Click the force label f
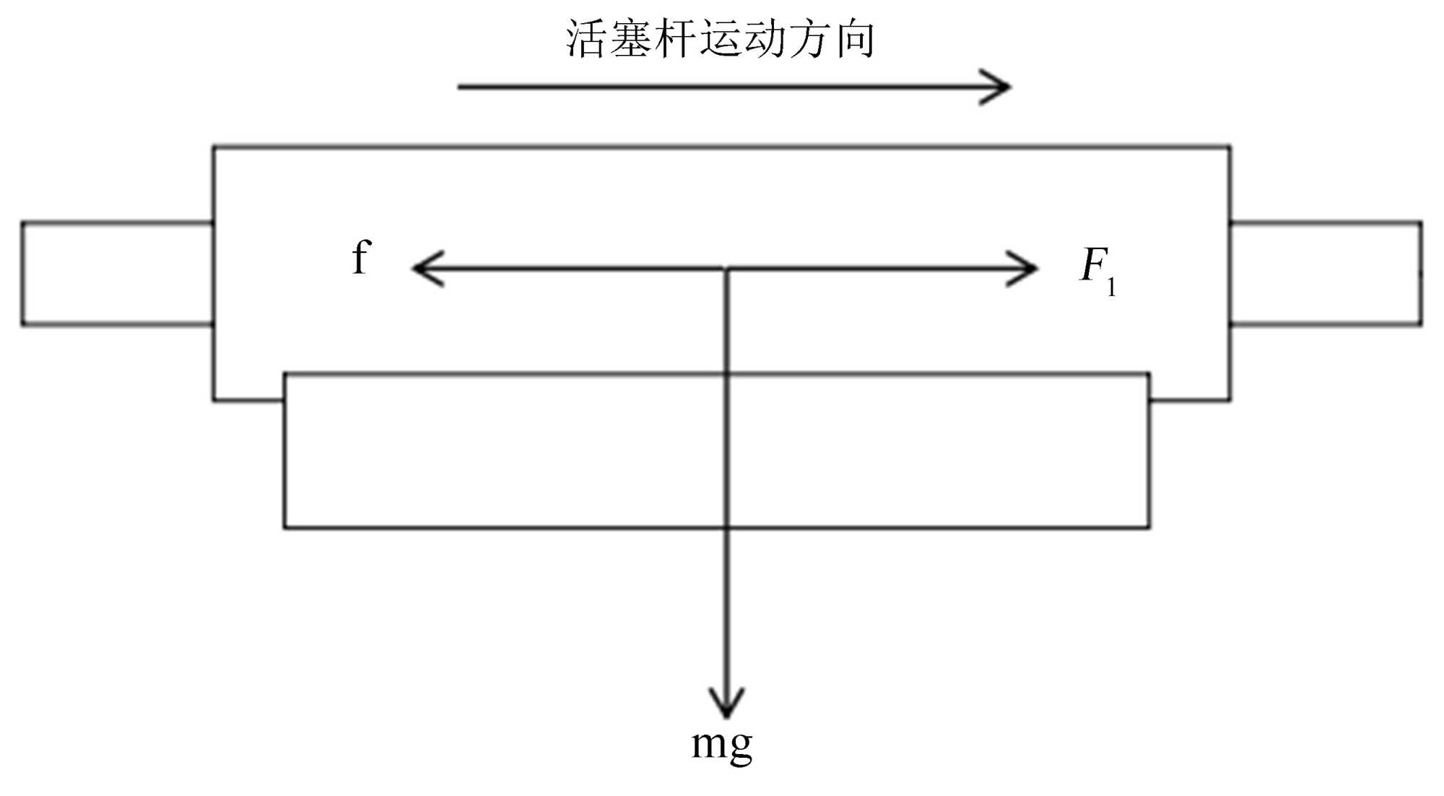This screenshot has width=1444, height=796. [362, 258]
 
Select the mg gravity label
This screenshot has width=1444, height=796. [721, 744]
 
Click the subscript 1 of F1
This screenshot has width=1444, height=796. [1112, 287]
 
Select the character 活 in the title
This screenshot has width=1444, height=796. [586, 39]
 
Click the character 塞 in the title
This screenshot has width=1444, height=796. [630, 39]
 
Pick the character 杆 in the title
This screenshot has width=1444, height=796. [676, 39]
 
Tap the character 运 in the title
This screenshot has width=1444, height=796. [721, 39]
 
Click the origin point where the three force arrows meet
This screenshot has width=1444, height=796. [726, 269]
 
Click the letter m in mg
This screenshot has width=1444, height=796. [708, 743]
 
